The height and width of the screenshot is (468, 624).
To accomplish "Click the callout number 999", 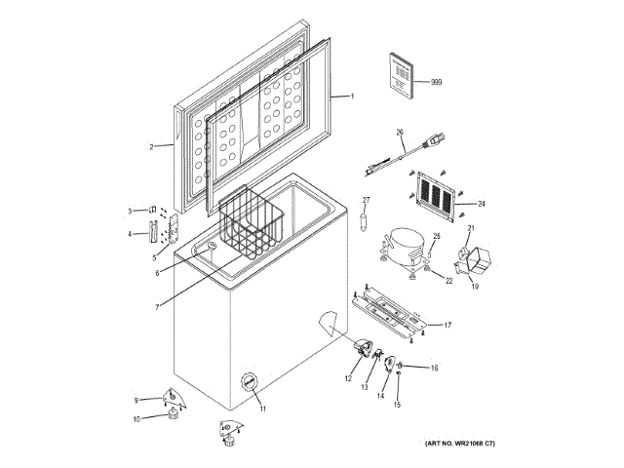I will pyautogui.click(x=436, y=83).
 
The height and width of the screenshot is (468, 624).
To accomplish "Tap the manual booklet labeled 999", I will pyautogui.click(x=401, y=74).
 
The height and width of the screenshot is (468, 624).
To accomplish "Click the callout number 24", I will pyautogui.click(x=482, y=204).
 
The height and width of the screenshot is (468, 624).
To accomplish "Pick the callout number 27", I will pyautogui.click(x=367, y=201).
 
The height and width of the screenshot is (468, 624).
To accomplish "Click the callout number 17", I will pyautogui.click(x=448, y=324).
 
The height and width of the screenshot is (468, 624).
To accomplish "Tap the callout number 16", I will pyautogui.click(x=435, y=368).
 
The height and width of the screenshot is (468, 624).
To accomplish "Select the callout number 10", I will pyautogui.click(x=136, y=419).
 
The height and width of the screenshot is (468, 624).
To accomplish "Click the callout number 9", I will pyautogui.click(x=136, y=400).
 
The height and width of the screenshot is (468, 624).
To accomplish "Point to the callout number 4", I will pyautogui.click(x=130, y=234).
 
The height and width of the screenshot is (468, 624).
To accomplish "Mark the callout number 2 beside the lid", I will pyautogui.click(x=151, y=147).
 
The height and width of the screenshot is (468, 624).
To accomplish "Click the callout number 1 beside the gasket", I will pyautogui.click(x=352, y=97).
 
